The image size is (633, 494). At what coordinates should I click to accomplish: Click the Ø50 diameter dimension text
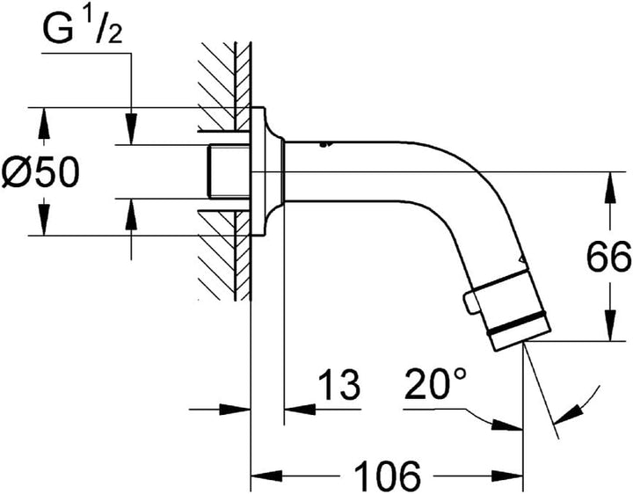coord(40,172)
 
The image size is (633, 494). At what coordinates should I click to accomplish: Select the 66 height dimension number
coord(608,257)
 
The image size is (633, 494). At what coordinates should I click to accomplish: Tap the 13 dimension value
coord(338,385)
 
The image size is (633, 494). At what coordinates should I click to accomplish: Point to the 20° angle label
coord(435,383)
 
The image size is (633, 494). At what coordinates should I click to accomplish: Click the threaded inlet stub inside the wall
coord(228,172)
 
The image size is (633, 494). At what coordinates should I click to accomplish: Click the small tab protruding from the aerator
coord(470,302)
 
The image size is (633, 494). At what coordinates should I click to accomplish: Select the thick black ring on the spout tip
coord(517,323)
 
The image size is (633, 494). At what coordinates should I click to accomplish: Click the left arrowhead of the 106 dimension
coord(266,476)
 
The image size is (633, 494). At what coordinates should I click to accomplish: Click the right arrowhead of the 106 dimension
coord(507,476)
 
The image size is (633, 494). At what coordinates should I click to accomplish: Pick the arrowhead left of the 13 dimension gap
coord(235,410)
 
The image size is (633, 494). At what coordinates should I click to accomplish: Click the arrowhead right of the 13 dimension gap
coord(300,410)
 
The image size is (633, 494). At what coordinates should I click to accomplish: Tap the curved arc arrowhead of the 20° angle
coord(569,414)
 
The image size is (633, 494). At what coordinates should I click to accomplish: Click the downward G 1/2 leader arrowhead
coord(131,129)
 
